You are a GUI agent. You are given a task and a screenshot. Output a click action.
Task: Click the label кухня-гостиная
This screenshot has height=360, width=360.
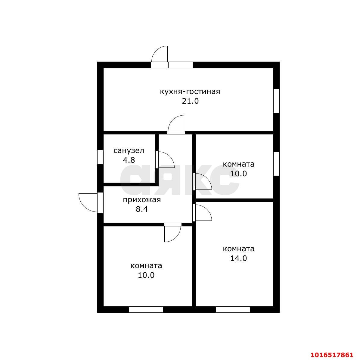coord(190,91)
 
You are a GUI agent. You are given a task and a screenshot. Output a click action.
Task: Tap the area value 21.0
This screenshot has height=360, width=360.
coord(190,101)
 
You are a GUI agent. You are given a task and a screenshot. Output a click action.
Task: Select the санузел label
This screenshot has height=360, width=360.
coord(129,150)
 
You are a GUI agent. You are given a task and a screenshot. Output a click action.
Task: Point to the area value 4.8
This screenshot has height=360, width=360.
coord(129,160)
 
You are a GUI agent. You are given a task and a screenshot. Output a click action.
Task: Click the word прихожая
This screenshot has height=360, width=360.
coord(141,199)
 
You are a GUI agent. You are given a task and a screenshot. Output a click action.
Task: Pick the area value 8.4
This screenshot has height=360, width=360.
coord(141,209)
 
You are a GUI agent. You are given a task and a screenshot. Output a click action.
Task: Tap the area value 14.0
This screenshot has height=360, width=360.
coord(238,258)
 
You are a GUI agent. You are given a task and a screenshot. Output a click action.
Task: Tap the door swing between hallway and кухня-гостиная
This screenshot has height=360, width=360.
coord(177,124)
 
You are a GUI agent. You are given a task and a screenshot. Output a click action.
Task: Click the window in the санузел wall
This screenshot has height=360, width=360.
coord(100,157)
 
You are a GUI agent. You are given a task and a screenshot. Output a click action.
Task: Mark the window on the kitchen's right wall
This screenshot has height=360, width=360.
coord(276,101)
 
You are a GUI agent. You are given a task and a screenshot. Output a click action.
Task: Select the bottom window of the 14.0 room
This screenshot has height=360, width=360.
coord(233,309)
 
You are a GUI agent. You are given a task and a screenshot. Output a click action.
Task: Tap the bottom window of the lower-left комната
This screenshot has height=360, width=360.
coord(146,309)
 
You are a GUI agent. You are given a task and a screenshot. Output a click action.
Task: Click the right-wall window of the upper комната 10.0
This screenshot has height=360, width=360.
coord(276,164)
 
